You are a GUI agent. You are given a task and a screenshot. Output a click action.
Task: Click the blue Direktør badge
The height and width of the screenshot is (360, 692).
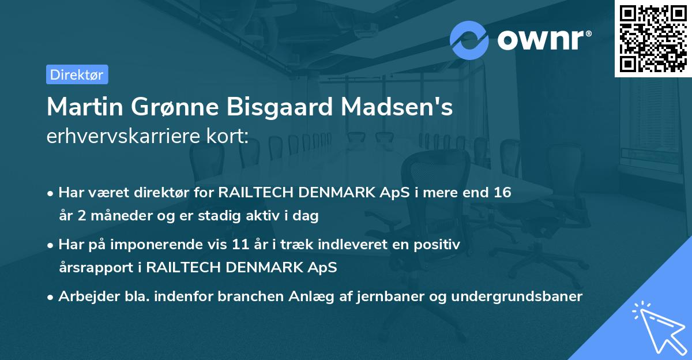[77, 74]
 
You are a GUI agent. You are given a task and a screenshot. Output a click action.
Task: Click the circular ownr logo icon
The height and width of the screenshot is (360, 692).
[469, 40]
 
